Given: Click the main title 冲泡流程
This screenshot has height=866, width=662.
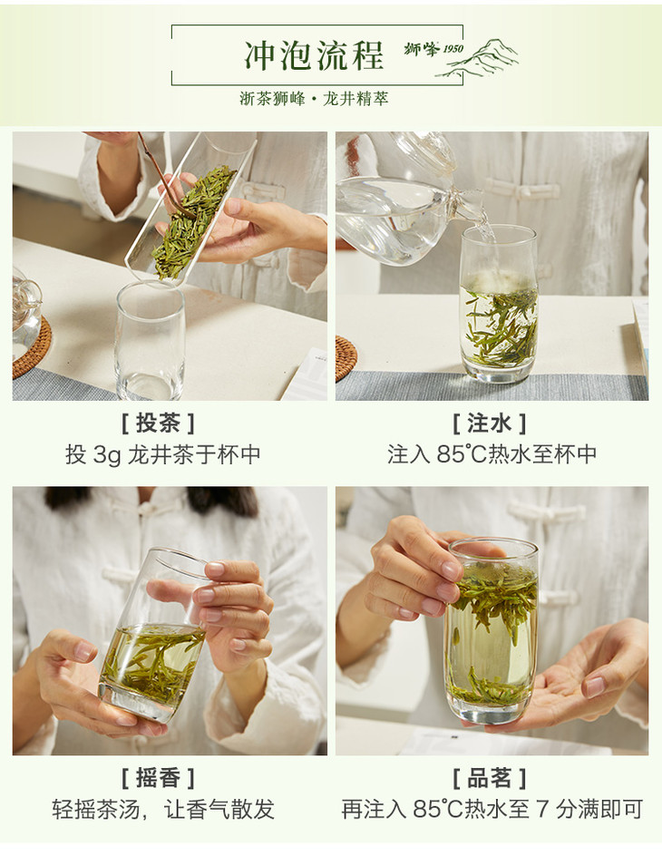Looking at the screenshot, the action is tap(314, 56).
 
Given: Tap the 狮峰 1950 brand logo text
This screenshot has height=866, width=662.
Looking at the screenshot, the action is tap(433, 49).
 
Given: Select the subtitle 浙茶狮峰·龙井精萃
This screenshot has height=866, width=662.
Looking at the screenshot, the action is tap(314, 99).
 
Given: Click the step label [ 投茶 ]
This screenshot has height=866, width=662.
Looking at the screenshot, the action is tap(158, 423).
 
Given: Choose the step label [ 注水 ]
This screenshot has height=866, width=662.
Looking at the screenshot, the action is tap(489, 423).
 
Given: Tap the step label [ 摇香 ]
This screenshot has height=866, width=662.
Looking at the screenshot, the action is tap(158, 778).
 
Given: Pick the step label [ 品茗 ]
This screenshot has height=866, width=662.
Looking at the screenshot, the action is tap(489, 778).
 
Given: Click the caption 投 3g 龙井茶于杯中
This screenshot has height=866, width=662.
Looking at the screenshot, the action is tap(163, 455).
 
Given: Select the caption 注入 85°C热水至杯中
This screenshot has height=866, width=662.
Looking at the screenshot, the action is tap(492, 454).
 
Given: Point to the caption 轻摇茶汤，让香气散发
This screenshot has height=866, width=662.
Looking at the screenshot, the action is tap(163, 810).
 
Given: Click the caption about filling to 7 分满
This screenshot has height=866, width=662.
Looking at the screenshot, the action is tap(492, 810).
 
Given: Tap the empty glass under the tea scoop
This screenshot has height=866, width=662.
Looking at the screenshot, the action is tap(150, 340).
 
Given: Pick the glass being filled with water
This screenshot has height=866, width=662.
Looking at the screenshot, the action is tap(499, 304).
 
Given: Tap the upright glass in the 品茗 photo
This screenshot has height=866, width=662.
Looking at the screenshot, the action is tap(491, 631).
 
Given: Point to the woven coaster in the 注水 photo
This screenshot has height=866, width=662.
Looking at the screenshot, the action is tap(346, 359).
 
